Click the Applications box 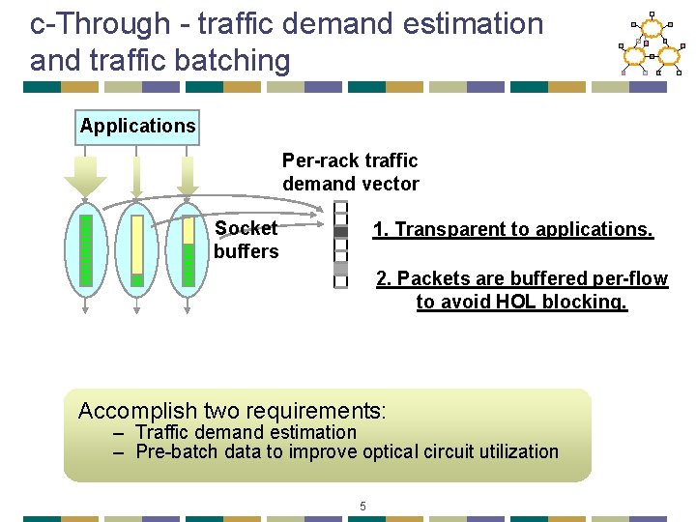pyautogui.click(x=137, y=127)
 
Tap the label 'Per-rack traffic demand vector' pyautogui.click(x=350, y=172)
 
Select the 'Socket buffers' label pyautogui.click(x=246, y=240)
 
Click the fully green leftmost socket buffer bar pyautogui.click(x=86, y=250)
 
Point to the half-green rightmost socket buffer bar pyautogui.click(x=188, y=250)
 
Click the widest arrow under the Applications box pyautogui.click(x=85, y=174)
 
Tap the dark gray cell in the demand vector pyautogui.click(x=340, y=232)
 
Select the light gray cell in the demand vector pyautogui.click(x=340, y=268)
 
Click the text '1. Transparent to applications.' pyautogui.click(x=513, y=230)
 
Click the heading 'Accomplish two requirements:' pyautogui.click(x=232, y=411)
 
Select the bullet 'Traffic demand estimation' pyautogui.click(x=246, y=432)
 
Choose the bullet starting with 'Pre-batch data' pyautogui.click(x=346, y=451)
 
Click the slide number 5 pyautogui.click(x=362, y=506)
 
